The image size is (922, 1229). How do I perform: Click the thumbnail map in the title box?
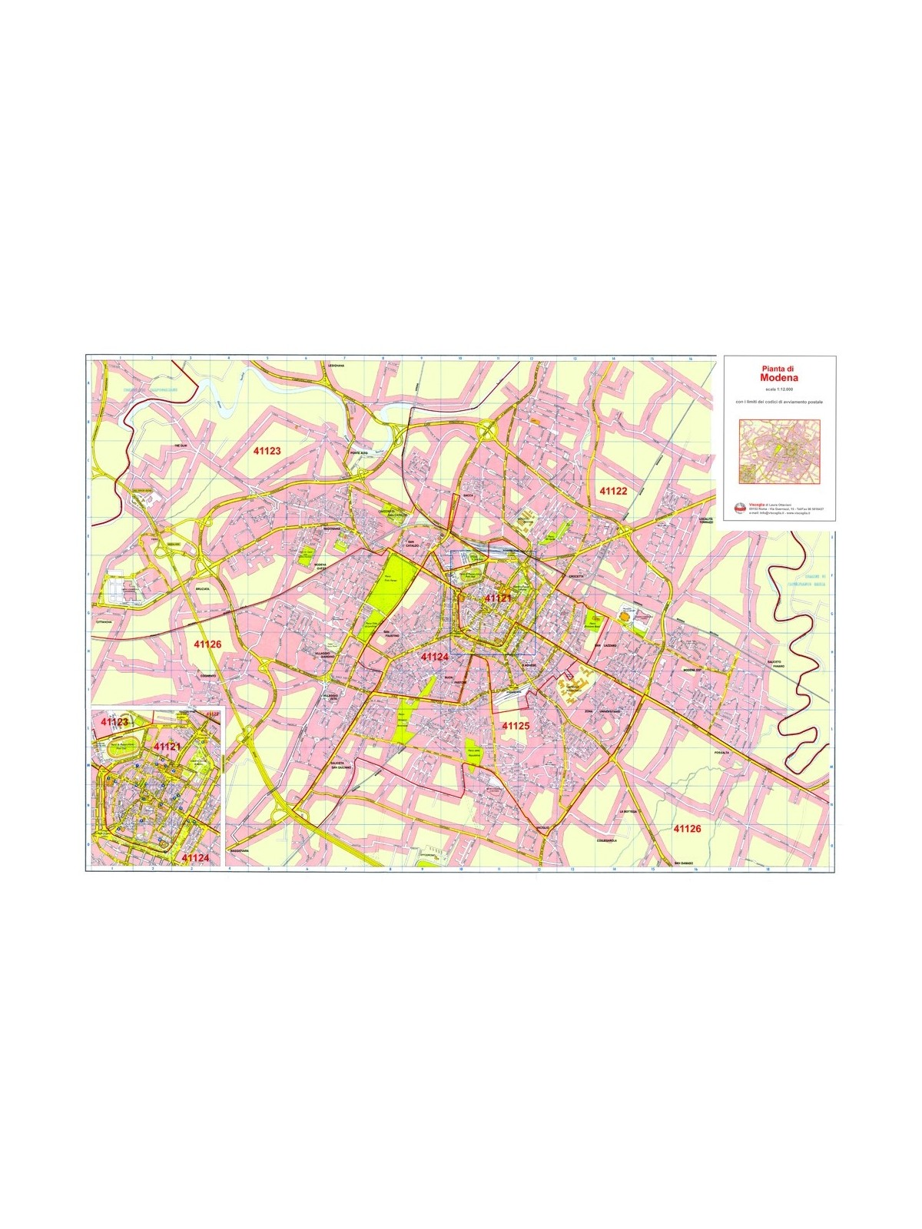[778, 452]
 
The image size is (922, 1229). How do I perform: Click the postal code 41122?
[613, 490]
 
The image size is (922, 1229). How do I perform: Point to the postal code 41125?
[516, 725]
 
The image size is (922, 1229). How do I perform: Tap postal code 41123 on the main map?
[267, 451]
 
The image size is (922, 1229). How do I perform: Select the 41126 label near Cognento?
[207, 644]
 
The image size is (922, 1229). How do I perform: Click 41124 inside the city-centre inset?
[195, 856]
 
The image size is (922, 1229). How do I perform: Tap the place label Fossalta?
[721, 752]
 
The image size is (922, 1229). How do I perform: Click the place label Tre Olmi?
[181, 446]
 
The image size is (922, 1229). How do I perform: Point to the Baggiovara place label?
[240, 851]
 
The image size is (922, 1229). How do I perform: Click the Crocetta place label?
[575, 576]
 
